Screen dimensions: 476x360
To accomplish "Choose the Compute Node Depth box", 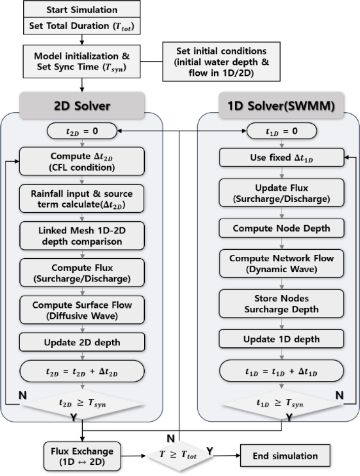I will point(281,228).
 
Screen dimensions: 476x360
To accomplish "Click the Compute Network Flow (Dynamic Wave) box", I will point(281,263).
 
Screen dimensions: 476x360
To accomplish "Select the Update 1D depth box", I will point(281,339).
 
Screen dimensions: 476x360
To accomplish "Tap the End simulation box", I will point(285,456).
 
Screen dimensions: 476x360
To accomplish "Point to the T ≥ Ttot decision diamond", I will point(178,456).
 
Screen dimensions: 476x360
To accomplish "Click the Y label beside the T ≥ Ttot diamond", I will point(210,452).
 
